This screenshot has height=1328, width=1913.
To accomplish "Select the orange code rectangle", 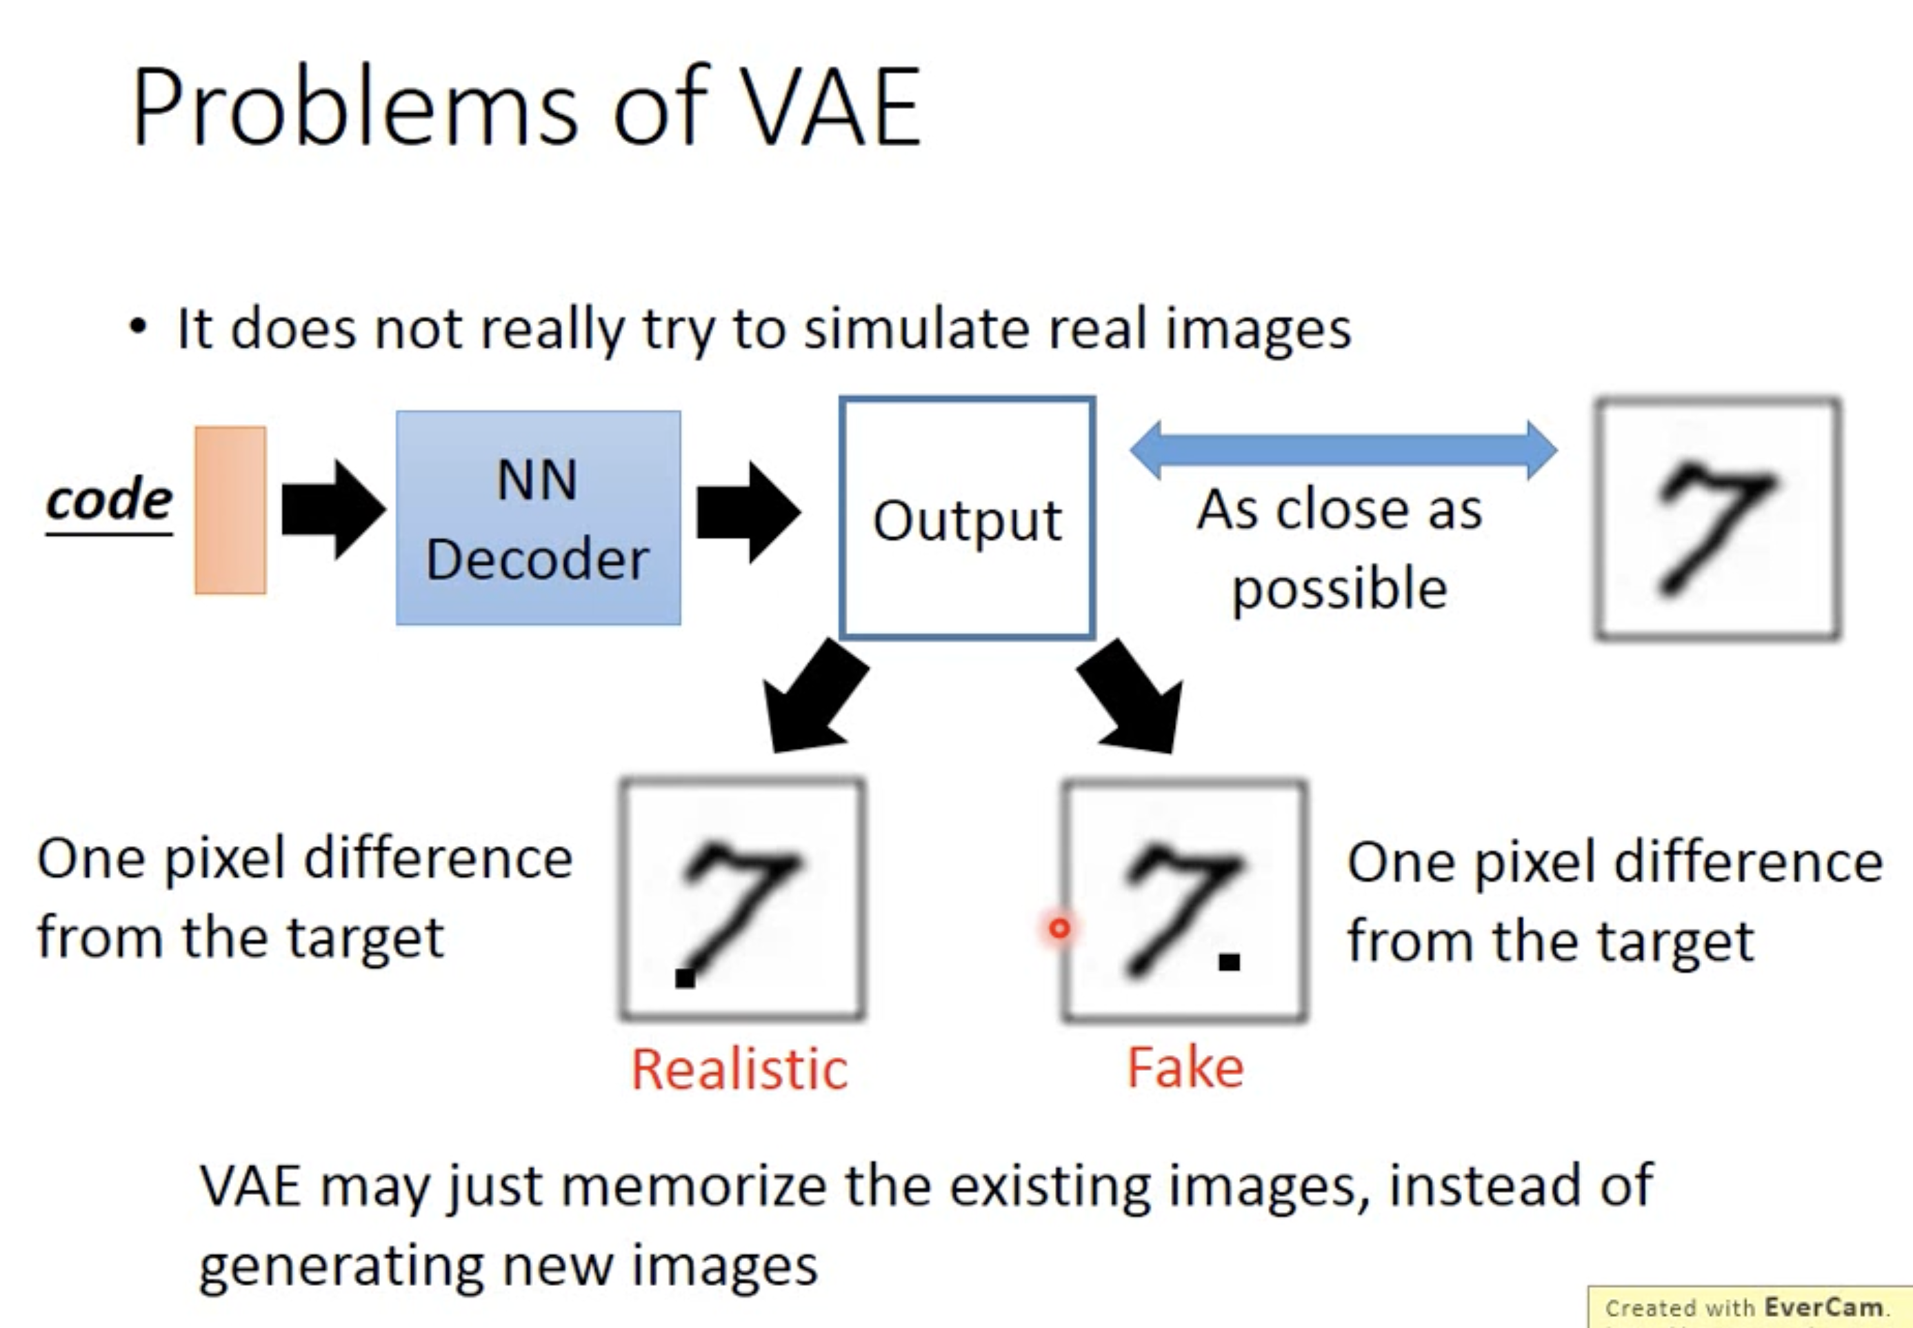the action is [x=230, y=510].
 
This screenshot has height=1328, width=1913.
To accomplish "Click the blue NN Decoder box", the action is [x=539, y=518].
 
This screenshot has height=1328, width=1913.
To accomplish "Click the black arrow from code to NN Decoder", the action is [x=334, y=510].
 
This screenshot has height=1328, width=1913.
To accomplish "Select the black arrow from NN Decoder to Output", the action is [x=749, y=512].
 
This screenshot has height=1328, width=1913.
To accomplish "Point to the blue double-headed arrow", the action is [x=1343, y=450].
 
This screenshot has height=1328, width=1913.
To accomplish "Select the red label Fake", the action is [x=1185, y=1067].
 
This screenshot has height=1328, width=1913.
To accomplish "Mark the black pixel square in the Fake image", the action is [x=1229, y=962].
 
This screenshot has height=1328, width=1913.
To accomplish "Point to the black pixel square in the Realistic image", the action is [x=685, y=978].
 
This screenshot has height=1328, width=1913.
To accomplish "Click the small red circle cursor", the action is [x=1059, y=928].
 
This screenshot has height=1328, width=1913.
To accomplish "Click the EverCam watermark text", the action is [x=1747, y=1307].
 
